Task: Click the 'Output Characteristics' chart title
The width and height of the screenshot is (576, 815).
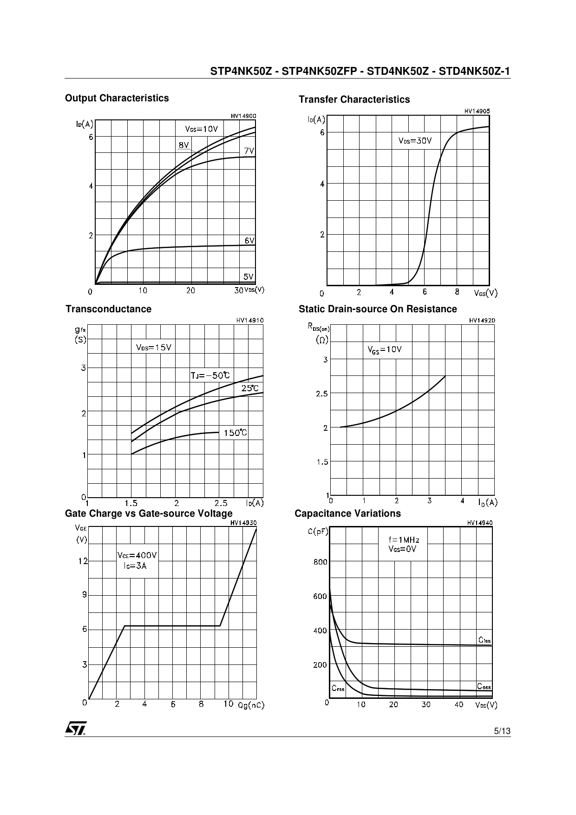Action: pyautogui.click(x=117, y=98)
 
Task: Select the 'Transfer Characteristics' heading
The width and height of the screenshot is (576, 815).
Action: pyautogui.click(x=354, y=99)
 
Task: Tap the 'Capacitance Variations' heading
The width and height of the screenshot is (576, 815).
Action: pyautogui.click(x=347, y=513)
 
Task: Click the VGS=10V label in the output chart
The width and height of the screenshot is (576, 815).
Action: pyautogui.click(x=201, y=129)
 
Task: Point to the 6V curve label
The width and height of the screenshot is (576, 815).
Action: pyautogui.click(x=249, y=241)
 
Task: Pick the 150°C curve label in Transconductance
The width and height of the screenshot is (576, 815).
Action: pyautogui.click(x=236, y=433)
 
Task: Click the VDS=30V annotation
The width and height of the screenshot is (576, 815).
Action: pyautogui.click(x=415, y=141)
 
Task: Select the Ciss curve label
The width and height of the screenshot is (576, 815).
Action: pyautogui.click(x=484, y=640)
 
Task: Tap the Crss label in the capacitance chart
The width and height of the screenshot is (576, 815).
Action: pyautogui.click(x=338, y=688)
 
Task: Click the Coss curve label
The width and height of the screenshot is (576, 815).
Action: pyautogui.click(x=484, y=687)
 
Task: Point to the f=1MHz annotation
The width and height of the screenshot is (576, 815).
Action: pyautogui.click(x=404, y=540)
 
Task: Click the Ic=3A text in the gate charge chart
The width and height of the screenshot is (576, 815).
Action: pyautogui.click(x=135, y=566)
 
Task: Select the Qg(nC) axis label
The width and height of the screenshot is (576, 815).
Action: pyautogui.click(x=251, y=705)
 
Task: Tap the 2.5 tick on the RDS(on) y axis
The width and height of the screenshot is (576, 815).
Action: pyautogui.click(x=322, y=394)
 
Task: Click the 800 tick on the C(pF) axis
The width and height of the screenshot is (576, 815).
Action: pyautogui.click(x=321, y=562)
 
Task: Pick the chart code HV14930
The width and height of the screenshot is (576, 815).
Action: pyautogui.click(x=243, y=523)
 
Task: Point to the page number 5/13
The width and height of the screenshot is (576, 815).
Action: pyautogui.click(x=502, y=731)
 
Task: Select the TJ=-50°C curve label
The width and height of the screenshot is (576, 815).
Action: pyautogui.click(x=210, y=376)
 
